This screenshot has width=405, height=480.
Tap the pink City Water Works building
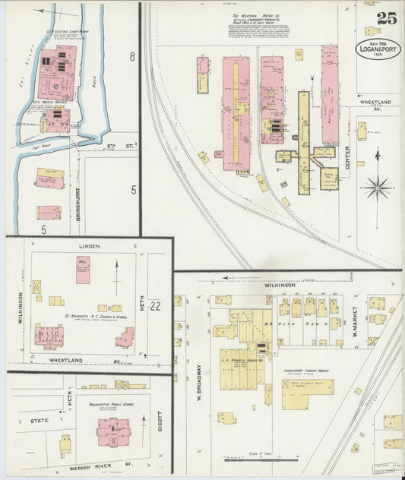click(x=57, y=120)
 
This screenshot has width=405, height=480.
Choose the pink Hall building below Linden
click(x=83, y=270)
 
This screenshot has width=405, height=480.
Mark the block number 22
click(x=157, y=306)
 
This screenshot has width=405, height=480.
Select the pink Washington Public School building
click(x=113, y=432)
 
